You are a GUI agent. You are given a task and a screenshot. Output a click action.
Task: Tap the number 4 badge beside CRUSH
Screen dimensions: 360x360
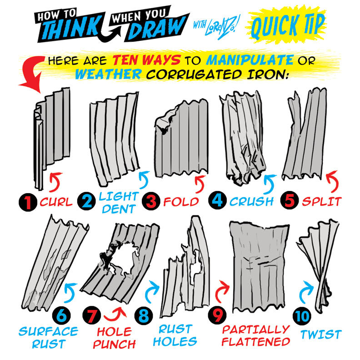tap(218, 201)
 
